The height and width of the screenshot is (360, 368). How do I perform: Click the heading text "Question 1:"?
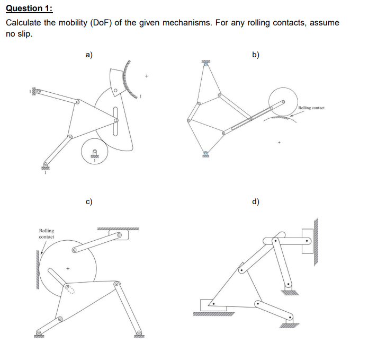(29, 8)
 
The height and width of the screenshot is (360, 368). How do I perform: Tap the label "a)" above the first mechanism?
(89, 54)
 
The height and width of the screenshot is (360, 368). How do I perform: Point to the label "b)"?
(256, 54)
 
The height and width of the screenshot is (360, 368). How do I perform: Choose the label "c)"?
(89, 201)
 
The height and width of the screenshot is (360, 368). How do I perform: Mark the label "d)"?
(256, 201)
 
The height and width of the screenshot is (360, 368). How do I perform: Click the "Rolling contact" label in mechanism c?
(47, 233)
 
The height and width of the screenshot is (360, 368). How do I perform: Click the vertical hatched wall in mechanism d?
(316, 241)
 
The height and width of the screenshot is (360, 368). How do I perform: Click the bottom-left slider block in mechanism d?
(212, 305)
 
